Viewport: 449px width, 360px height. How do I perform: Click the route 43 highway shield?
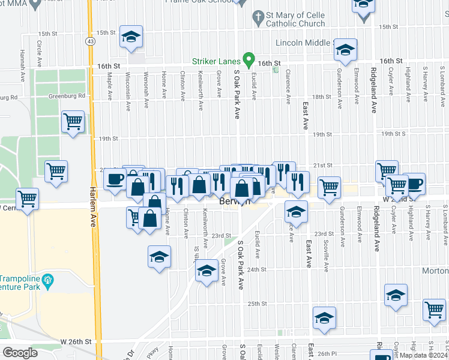click(90, 41)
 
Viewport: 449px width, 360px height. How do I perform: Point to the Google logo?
click(20, 353)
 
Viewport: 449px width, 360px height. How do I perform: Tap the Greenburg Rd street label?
click(12, 97)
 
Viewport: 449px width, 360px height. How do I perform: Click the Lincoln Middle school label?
click(305, 43)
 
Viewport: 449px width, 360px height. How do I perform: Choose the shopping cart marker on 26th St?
click(435, 310)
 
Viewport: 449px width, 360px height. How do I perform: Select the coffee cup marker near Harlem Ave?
click(115, 179)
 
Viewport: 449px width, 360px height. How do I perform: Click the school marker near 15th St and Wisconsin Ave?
click(131, 37)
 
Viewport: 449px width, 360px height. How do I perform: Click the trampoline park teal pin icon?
click(49, 280)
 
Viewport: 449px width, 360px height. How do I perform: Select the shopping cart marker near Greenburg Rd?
click(73, 122)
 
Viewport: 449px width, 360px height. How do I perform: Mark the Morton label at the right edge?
click(438, 271)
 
